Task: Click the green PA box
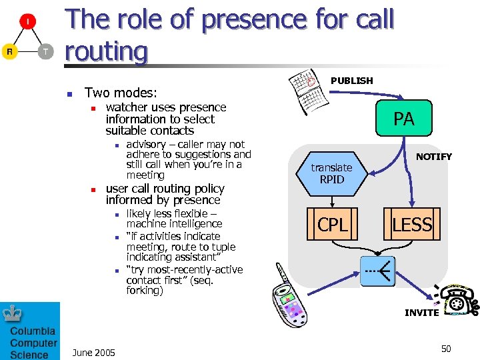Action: pyautogui.click(x=403, y=119)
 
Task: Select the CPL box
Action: pyautogui.click(x=332, y=225)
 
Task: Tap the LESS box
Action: pyautogui.click(x=412, y=225)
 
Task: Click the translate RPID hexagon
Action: pyautogui.click(x=331, y=173)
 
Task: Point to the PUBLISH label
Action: pyautogui.click(x=352, y=81)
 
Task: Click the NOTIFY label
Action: pyautogui.click(x=434, y=157)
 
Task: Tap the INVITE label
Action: pyautogui.click(x=422, y=312)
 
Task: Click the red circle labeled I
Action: pyautogui.click(x=27, y=22)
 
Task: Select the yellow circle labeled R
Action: pyautogui.click(x=9, y=52)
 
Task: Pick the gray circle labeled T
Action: pyautogui.click(x=45, y=52)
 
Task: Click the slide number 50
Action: pyautogui.click(x=446, y=349)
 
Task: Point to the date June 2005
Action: pyautogui.click(x=93, y=352)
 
